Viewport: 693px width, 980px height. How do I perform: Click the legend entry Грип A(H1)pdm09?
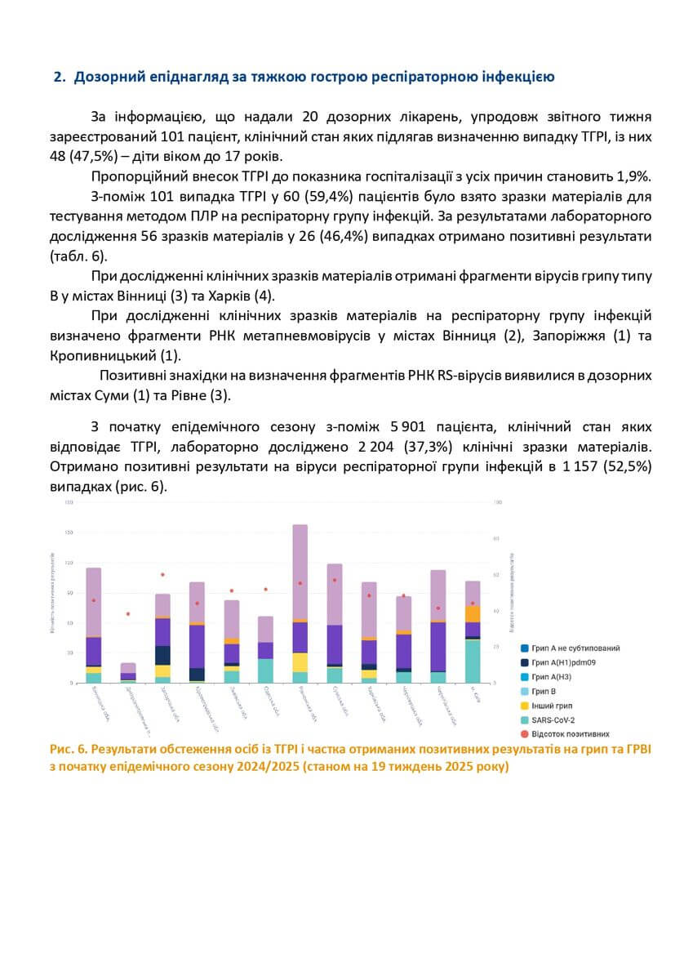coord(563,662)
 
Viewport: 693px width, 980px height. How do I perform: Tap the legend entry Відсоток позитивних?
coord(570,734)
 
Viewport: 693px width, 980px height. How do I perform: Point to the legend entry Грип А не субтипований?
coord(575,648)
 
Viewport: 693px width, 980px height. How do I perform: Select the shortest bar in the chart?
coord(128,672)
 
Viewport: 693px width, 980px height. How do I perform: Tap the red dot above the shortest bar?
coord(128,613)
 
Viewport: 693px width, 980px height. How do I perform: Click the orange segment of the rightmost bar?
coord(473,613)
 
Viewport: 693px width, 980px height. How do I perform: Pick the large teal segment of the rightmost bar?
coord(473,661)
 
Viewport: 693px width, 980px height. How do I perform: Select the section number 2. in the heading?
coord(59,78)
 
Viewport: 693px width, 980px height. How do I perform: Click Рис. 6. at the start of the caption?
coord(68,749)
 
